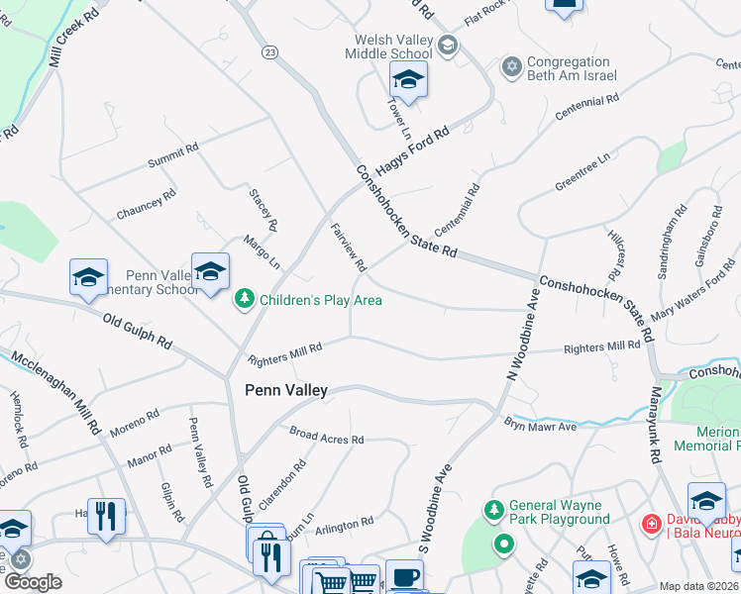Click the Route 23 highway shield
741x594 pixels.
268,51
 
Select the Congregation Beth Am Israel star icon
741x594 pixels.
511,66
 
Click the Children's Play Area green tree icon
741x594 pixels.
244,298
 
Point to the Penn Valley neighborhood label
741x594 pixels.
286,391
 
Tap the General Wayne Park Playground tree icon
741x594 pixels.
493,510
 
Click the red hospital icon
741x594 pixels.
651,522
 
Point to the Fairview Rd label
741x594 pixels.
349,247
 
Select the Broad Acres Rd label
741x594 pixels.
327,437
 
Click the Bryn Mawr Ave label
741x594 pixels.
540,425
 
